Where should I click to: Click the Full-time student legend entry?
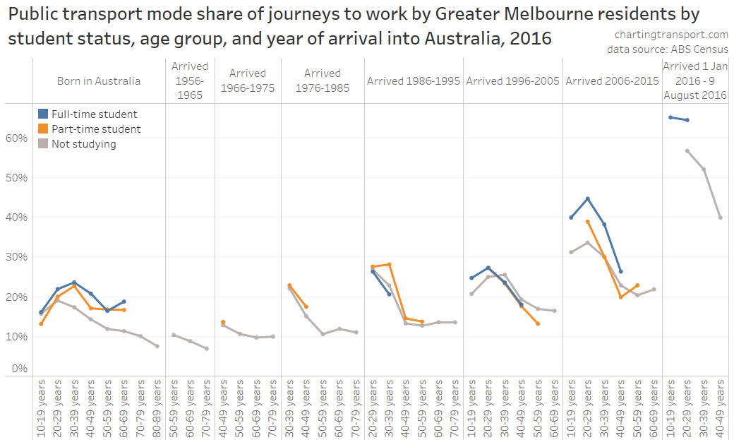95,114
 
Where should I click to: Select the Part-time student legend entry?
96,129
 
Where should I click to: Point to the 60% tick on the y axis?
17,138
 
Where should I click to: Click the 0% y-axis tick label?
20,368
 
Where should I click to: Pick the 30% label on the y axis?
17,256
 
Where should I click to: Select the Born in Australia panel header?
99,81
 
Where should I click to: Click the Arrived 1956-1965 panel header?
190,81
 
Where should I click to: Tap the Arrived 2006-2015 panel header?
612,81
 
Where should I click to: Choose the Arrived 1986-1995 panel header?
414,81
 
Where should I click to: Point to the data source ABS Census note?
667,49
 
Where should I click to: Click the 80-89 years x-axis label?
157,403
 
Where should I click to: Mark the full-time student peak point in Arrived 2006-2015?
587,199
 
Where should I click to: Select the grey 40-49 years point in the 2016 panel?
721,218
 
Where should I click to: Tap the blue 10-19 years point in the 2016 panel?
670,117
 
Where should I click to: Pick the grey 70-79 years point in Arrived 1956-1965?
207,348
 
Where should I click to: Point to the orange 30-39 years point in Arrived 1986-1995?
389,264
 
